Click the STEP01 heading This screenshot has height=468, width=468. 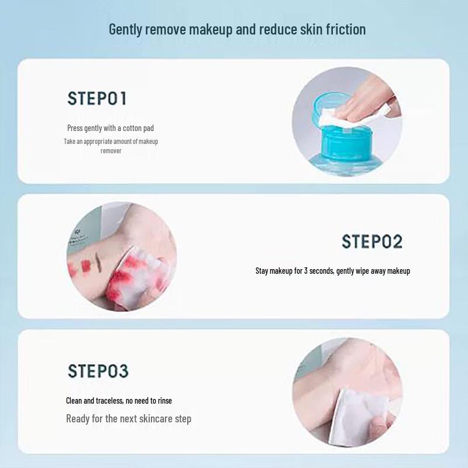[97, 98]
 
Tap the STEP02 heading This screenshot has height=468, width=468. [372, 242]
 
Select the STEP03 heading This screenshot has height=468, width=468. [98, 371]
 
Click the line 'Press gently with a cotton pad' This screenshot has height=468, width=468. [111, 128]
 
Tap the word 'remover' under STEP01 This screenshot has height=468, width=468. [111, 151]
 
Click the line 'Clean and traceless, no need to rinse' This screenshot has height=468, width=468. [119, 401]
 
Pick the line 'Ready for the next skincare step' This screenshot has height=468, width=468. [129, 418]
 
